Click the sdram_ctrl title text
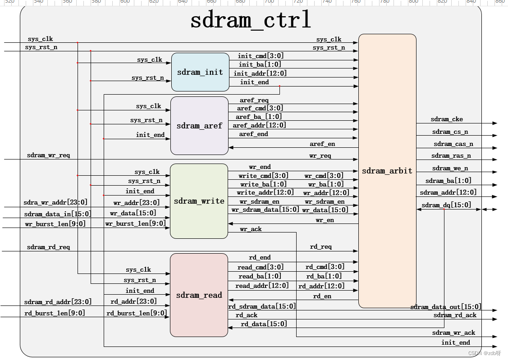coord(250,21)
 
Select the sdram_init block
coord(200,72)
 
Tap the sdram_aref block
coord(199,126)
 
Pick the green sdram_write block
coord(199,201)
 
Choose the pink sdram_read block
coord(199,295)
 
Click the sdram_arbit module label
coord(387,171)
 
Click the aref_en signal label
coord(322,144)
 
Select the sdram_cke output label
coord(446,119)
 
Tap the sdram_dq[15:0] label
coord(446,205)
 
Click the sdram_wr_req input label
coord(48,155)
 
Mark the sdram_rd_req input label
coord(48,247)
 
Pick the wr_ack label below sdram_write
coord(251,229)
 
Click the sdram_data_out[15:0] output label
coord(445,307)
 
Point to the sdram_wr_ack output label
coord(453,333)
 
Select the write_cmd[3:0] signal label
coord(263,176)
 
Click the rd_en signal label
coord(322,296)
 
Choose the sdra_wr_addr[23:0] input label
coord(55,202)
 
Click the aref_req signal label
coord(254,100)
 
